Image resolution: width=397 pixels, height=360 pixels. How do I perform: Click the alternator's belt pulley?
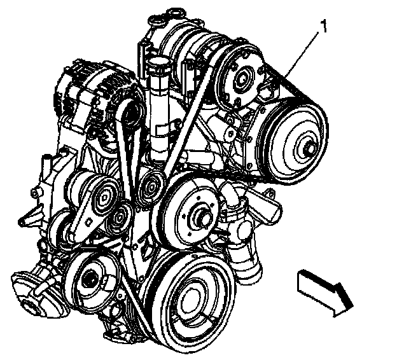(x=132, y=114)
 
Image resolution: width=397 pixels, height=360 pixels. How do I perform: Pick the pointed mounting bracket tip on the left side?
(x=22, y=222)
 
